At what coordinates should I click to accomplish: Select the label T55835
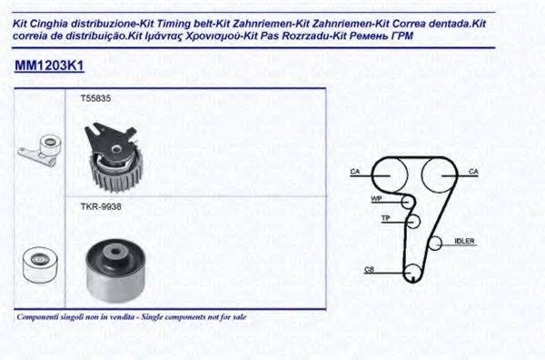94,97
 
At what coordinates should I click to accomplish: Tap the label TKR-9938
100,207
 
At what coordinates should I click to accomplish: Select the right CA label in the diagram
473,172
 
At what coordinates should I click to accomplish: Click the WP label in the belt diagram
375,198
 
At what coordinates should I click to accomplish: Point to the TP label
385,219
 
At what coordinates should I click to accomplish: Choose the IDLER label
464,241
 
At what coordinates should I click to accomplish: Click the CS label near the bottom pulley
369,269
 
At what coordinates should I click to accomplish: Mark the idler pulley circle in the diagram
435,243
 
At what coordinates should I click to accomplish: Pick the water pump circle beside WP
408,201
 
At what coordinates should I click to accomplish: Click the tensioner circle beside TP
413,220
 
